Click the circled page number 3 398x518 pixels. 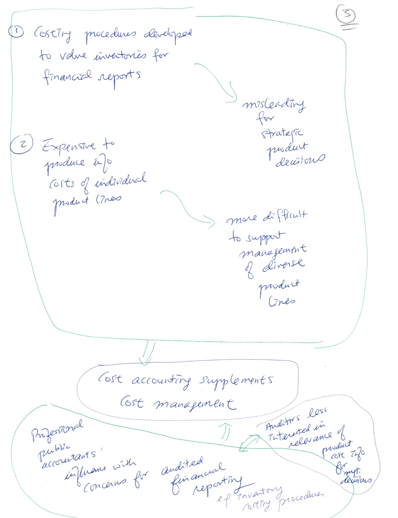(x=346, y=14)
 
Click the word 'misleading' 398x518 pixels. (x=274, y=104)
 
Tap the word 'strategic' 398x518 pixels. (x=282, y=133)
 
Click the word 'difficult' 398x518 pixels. (x=285, y=215)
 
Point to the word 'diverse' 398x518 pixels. (x=284, y=265)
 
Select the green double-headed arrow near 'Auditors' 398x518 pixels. (x=249, y=443)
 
